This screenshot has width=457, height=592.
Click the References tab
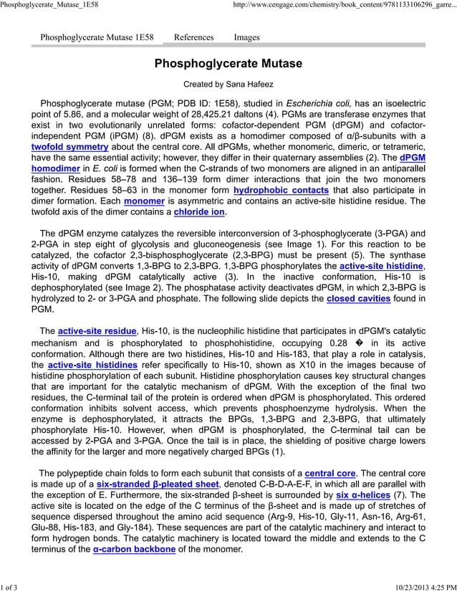pyautogui.click(x=193, y=37)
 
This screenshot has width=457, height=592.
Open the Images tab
pyautogui.click(x=246, y=37)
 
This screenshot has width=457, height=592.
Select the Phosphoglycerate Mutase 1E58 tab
pyautogui.click(x=97, y=37)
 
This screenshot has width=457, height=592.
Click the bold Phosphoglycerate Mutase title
pyautogui.click(x=228, y=64)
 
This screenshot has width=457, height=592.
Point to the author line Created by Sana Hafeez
pyautogui.click(x=228, y=85)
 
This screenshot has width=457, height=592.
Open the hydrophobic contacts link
pyautogui.click(x=281, y=191)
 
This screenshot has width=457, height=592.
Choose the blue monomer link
pyautogui.click(x=144, y=201)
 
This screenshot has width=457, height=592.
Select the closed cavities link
pyautogui.click(x=358, y=297)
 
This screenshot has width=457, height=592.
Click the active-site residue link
pyautogui.click(x=97, y=331)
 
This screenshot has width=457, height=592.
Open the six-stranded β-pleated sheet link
pyautogui.click(x=158, y=484)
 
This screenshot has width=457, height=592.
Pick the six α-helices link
pyautogui.click(x=362, y=495)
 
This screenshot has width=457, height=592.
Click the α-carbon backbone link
pyautogui.click(x=134, y=550)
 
